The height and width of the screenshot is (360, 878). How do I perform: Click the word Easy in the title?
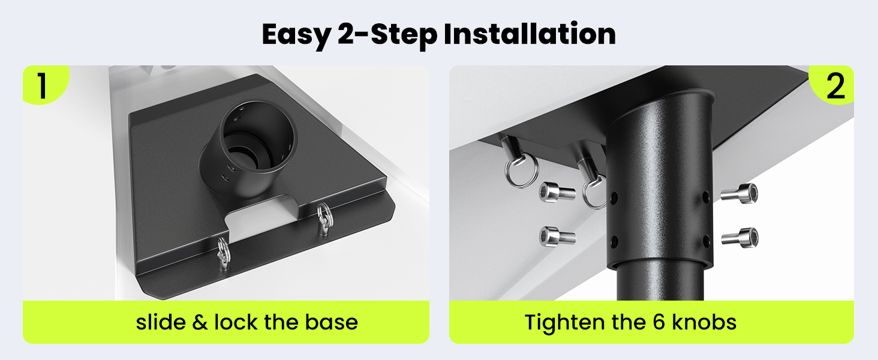(x=297, y=35)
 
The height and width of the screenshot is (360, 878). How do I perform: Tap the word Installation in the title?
(x=530, y=34)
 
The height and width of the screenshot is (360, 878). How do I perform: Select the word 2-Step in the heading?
(x=387, y=35)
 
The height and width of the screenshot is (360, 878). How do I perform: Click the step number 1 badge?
(x=43, y=85)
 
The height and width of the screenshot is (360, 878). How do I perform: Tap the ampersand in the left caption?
(x=200, y=322)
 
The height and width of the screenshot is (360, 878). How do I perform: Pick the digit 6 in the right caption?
(x=659, y=322)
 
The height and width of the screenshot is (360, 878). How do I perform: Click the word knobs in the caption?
(x=704, y=322)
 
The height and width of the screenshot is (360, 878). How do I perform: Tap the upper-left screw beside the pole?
(x=557, y=193)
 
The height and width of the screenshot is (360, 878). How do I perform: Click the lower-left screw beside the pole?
(x=557, y=237)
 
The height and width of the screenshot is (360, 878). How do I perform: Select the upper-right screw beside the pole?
(x=739, y=194)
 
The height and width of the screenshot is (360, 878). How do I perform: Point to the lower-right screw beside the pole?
(x=740, y=238)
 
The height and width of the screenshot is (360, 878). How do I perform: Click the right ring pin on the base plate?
(x=324, y=219)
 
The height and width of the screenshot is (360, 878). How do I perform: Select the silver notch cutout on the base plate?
(x=261, y=221)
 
